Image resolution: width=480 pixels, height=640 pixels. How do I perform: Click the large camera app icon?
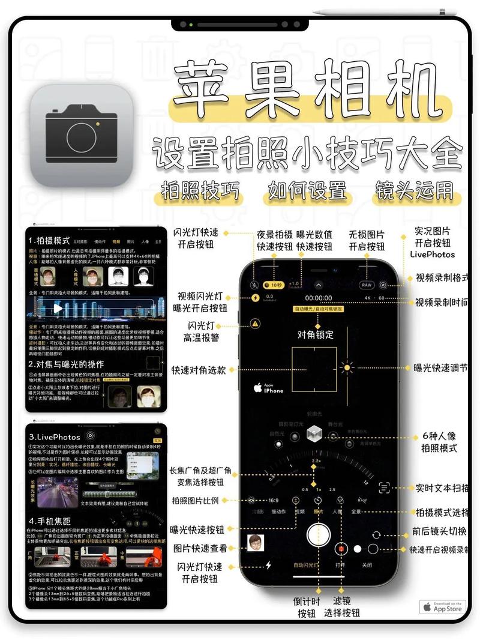point(82,135)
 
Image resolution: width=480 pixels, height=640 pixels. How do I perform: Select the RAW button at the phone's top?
point(366,285)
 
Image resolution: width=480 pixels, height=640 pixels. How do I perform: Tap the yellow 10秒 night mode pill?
point(274,285)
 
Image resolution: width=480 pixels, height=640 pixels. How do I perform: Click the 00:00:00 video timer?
point(318,298)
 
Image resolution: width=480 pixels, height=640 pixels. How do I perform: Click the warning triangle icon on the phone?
point(256,324)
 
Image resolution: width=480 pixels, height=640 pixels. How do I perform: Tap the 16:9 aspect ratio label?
point(274,500)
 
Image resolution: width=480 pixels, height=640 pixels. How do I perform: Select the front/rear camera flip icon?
point(377,534)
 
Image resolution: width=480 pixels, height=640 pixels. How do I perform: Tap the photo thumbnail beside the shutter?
point(256,542)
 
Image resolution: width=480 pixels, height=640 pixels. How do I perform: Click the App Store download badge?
point(443,607)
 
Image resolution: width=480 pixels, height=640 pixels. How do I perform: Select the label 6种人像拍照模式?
point(440,442)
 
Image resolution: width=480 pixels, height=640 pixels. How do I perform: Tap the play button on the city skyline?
point(58,308)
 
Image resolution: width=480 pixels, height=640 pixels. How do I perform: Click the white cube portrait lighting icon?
point(314,433)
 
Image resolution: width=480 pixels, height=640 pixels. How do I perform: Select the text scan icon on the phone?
point(385,488)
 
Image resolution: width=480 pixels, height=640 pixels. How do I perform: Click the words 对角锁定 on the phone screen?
point(316,334)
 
